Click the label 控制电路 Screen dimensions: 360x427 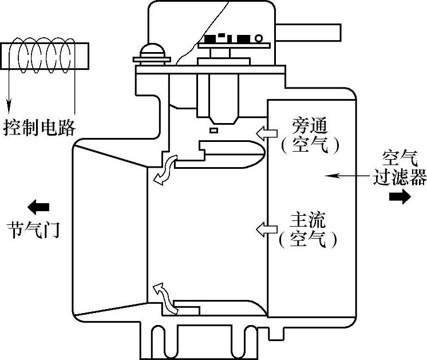[39, 127]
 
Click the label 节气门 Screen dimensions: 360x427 [34, 231]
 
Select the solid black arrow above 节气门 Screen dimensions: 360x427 [39, 206]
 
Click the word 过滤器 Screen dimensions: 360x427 [400, 178]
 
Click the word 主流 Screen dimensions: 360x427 [309, 220]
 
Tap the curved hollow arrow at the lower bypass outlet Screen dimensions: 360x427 [166, 296]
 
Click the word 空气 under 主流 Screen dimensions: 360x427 [309, 240]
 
